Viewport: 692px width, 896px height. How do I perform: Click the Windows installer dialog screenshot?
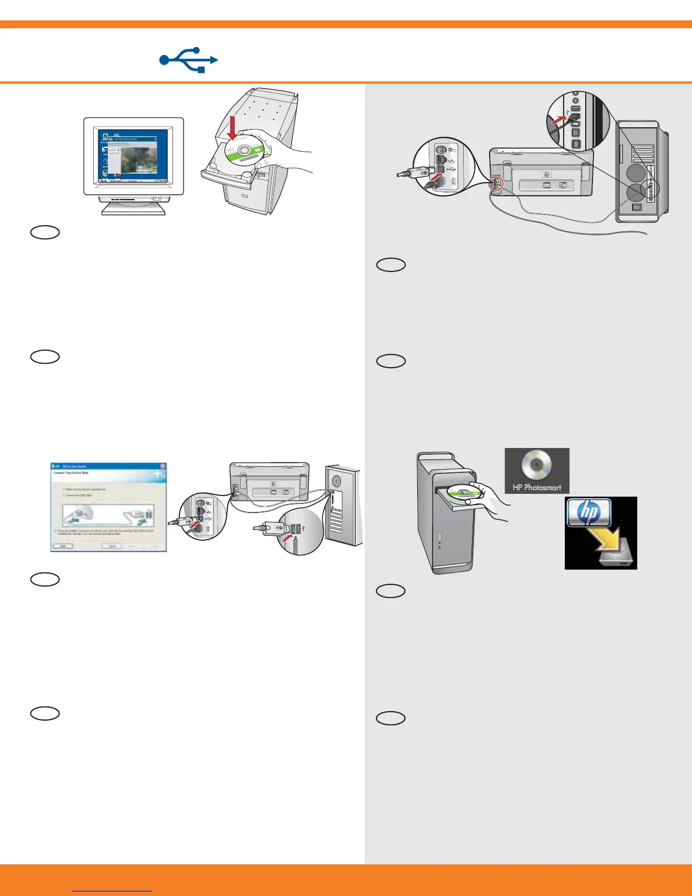109,507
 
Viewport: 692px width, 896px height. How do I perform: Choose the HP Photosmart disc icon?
537,465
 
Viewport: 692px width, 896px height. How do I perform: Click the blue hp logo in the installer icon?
590,512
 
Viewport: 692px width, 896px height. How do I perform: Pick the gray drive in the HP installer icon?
614,560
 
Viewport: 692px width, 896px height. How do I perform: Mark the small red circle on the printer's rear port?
495,183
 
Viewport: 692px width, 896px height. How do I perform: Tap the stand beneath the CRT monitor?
133,206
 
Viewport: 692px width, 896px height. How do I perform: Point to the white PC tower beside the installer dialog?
342,505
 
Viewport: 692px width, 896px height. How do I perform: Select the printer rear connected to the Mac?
541,173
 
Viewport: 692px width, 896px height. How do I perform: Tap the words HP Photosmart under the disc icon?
537,487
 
